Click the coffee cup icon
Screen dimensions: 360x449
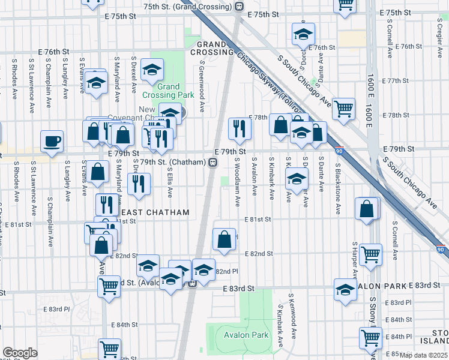tap(52, 142)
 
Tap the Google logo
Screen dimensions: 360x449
tap(20, 353)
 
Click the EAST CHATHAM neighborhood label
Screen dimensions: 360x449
tap(155, 213)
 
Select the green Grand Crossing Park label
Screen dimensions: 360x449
tap(168, 91)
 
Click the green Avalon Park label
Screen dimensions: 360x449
tap(246, 335)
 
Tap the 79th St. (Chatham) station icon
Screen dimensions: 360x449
tap(212, 162)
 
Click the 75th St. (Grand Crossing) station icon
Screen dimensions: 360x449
tap(239, 6)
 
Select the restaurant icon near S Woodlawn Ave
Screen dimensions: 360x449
tap(239, 128)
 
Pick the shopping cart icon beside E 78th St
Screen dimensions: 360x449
tap(343, 109)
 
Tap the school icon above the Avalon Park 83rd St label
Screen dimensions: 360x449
tap(345, 290)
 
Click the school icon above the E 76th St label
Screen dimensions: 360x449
tap(304, 34)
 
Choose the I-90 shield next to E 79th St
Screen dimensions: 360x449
tap(339, 153)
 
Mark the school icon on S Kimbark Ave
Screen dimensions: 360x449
tap(296, 178)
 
